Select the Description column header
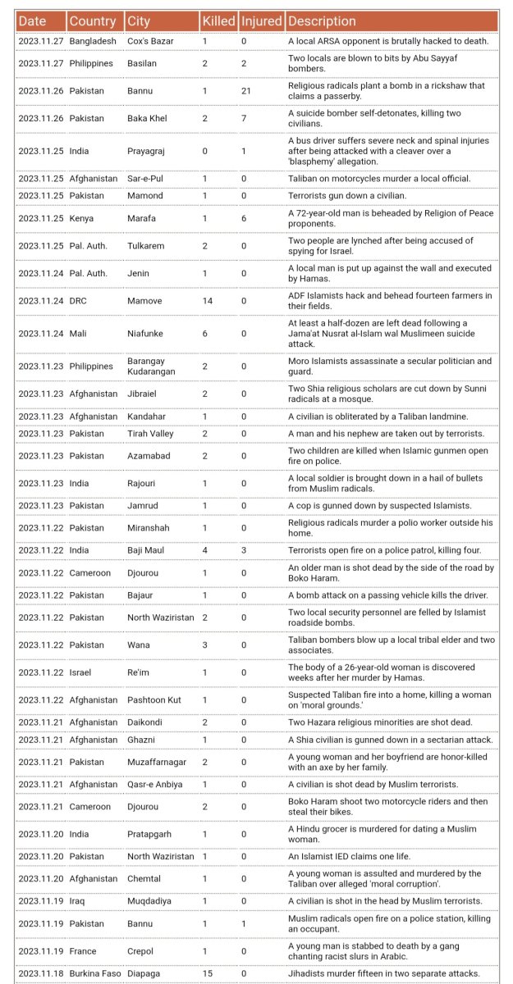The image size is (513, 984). click(x=322, y=20)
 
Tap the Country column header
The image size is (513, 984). click(x=92, y=20)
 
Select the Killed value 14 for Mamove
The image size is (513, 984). click(x=207, y=301)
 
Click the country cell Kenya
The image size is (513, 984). click(x=81, y=217)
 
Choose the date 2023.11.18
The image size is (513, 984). click(x=39, y=973)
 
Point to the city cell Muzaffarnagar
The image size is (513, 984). click(x=157, y=762)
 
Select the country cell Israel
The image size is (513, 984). click(x=80, y=672)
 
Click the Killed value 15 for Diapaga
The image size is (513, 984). click(x=207, y=973)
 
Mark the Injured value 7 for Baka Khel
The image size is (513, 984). click(x=244, y=118)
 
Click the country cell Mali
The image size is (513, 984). click(x=78, y=334)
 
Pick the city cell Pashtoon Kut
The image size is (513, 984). click(x=155, y=699)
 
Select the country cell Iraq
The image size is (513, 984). click(x=78, y=900)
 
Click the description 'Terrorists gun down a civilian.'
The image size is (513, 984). click(x=355, y=195)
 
